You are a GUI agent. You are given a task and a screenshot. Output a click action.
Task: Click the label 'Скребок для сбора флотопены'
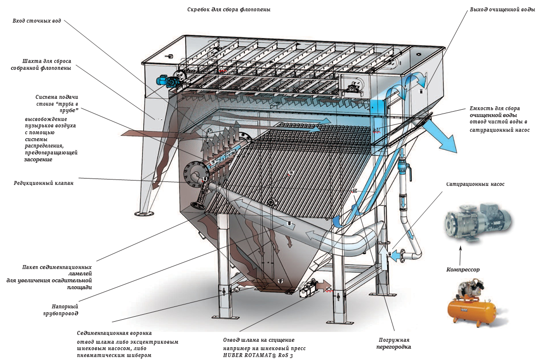tap(229, 9)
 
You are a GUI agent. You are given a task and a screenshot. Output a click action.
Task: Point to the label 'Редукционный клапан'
tap(44, 183)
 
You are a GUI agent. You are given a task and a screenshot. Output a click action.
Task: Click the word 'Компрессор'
tap(463, 270)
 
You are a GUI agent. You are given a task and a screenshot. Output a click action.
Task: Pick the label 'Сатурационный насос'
tap(475, 184)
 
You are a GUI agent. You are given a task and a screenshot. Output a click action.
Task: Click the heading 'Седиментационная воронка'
tap(111, 333)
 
